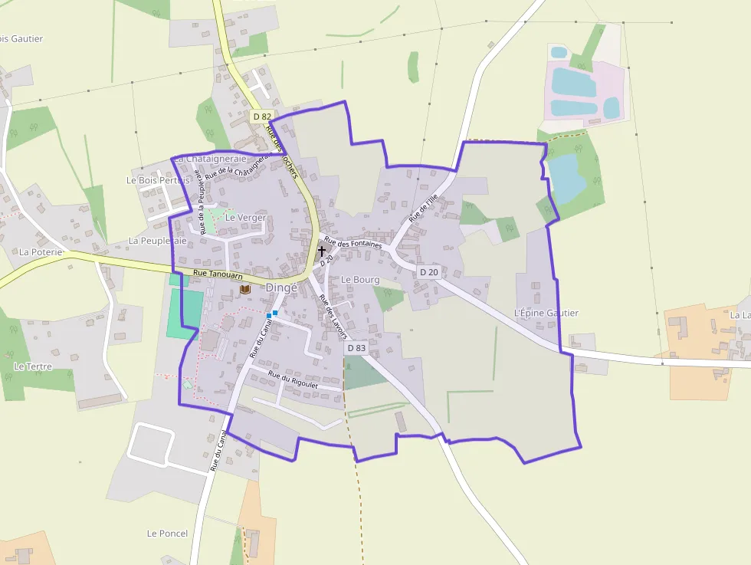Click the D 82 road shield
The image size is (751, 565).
262,117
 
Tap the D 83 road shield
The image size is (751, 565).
356,347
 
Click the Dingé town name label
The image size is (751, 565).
281,287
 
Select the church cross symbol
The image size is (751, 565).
322,250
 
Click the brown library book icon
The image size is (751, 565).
245,289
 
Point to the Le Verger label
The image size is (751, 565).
245,218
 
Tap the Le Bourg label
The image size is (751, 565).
360,280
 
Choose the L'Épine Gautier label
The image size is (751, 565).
546,313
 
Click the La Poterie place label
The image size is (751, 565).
41,251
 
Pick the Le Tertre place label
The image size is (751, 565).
33,366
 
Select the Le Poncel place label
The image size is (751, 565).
167,533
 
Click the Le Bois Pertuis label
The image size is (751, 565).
158,180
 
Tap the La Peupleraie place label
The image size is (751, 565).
158,240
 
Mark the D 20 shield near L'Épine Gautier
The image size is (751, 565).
429,272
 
